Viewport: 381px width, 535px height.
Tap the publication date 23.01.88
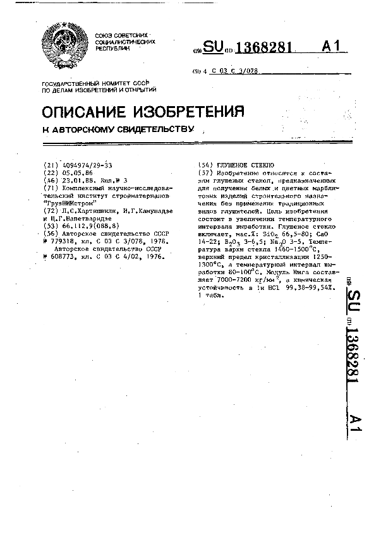point(75,181)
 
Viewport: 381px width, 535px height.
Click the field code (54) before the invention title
point(205,165)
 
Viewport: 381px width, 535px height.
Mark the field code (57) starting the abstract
point(205,172)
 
